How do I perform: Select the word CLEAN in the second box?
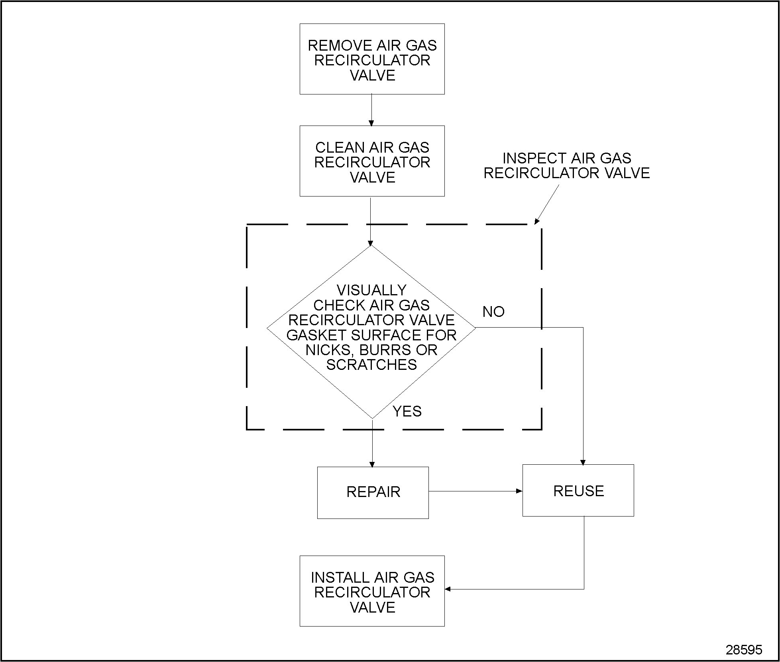(x=339, y=148)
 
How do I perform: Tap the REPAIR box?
(x=373, y=492)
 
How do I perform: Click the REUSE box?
(x=578, y=491)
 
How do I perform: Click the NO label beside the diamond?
(x=493, y=312)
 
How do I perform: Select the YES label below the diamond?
(x=407, y=411)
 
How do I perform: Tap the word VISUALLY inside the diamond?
(x=371, y=290)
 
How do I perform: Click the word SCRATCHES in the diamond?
(x=371, y=365)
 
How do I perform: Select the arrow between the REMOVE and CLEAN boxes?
(x=371, y=110)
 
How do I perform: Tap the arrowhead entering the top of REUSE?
(x=583, y=462)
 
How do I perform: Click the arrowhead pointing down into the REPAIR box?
(x=372, y=464)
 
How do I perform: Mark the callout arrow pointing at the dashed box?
(x=546, y=204)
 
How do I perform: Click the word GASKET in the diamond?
(x=310, y=335)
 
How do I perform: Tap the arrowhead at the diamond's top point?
(x=370, y=243)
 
